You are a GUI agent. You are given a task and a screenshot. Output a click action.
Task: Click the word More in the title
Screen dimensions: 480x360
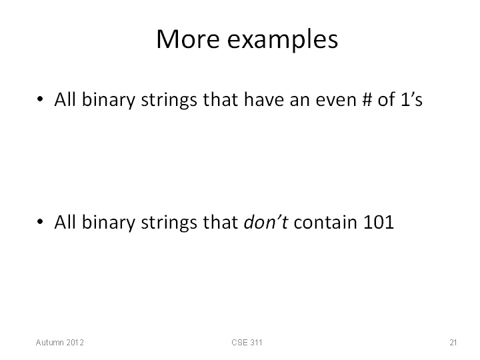188,39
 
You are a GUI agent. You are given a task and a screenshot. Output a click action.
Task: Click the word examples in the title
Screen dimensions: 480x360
282,41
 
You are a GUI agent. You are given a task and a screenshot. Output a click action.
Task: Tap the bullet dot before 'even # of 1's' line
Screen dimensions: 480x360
40,99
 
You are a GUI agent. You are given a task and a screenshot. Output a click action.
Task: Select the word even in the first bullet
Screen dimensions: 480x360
336,101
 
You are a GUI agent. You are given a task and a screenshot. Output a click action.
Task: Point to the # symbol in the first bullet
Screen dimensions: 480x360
367,100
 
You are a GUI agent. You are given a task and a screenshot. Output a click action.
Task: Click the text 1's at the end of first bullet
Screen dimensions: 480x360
411,99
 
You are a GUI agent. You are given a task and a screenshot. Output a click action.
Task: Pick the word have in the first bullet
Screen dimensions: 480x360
264,99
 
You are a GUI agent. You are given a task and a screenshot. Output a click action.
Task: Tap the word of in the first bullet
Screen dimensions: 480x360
386,99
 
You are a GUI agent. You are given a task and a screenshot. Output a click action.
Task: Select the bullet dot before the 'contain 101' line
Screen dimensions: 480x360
40,221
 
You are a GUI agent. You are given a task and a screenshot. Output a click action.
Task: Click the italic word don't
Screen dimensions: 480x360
266,222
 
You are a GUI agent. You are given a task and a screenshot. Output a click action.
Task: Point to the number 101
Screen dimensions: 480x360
379,222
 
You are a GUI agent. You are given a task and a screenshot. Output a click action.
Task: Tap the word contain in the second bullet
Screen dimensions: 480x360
325,222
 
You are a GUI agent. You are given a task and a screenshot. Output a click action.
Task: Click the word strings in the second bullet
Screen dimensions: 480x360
169,223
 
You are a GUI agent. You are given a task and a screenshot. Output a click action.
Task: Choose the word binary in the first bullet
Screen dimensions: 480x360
109,101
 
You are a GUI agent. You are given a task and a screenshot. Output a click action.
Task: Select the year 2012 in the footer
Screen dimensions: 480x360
75,342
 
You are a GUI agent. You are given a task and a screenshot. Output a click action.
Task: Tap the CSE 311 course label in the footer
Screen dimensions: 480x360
247,342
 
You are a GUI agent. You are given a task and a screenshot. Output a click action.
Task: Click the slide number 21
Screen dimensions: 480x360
453,342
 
